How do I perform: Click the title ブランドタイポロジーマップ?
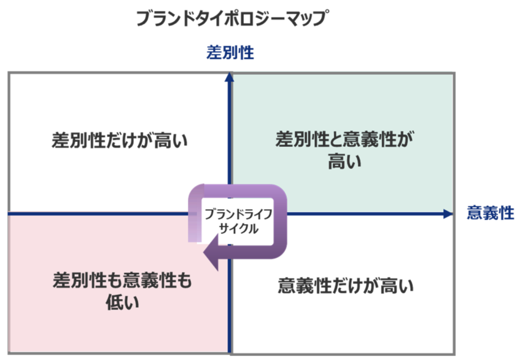233,19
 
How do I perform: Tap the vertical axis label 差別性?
230,53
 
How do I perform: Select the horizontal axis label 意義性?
490,214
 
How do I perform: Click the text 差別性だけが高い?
119,141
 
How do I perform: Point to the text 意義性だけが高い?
345,285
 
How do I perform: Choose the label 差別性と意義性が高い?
344,150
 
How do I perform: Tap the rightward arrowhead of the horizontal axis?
448,214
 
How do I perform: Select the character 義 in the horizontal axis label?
490,214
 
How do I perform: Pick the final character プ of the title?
321,19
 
